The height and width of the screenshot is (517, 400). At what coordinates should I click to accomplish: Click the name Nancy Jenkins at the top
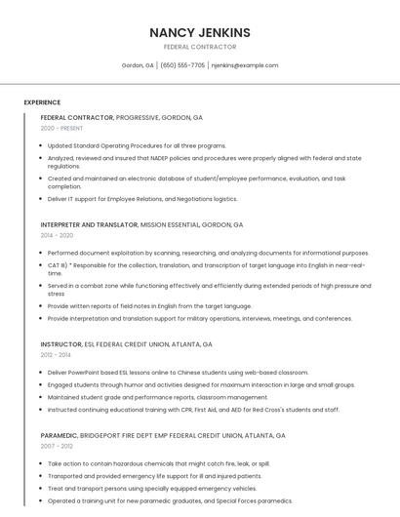[200, 32]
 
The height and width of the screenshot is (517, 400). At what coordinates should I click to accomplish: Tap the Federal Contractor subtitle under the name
[200, 47]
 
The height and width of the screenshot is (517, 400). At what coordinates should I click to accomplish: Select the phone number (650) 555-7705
[182, 65]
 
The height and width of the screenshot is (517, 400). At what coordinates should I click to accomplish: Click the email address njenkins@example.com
[245, 65]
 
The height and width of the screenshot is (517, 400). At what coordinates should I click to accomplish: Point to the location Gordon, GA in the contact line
[138, 65]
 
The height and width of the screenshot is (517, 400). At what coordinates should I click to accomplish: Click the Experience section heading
[42, 102]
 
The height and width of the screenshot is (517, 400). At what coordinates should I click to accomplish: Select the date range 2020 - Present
[62, 128]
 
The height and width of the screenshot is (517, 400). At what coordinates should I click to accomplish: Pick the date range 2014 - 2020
[57, 235]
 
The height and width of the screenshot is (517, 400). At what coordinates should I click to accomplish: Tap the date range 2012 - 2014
[57, 355]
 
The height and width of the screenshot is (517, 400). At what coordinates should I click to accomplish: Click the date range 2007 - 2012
[57, 446]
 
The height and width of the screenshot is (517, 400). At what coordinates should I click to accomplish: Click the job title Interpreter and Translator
[90, 224]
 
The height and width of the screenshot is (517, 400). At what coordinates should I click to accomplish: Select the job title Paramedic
[60, 435]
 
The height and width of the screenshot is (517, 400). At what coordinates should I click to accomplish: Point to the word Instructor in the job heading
[61, 344]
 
